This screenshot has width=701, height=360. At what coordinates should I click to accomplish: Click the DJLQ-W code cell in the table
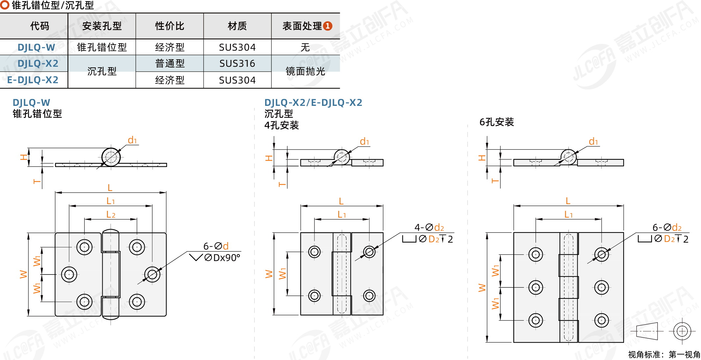pyautogui.click(x=36, y=47)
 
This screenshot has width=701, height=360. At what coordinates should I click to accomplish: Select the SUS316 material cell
pyautogui.click(x=237, y=63)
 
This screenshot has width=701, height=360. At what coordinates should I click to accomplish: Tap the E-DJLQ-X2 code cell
pyautogui.click(x=33, y=80)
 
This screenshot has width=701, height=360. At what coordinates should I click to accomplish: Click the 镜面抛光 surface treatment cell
pyautogui.click(x=305, y=71)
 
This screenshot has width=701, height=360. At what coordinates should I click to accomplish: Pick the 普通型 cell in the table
pyautogui.click(x=170, y=63)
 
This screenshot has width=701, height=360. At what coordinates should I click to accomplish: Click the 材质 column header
pyautogui.click(x=237, y=26)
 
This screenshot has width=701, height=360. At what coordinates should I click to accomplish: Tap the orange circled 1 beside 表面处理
pyautogui.click(x=328, y=26)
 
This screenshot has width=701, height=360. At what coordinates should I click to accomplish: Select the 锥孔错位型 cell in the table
pyautogui.click(x=102, y=47)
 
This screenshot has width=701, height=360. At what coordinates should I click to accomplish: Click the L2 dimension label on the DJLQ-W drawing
pyautogui.click(x=111, y=215)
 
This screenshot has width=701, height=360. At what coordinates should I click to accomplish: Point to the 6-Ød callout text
pyautogui.click(x=216, y=246)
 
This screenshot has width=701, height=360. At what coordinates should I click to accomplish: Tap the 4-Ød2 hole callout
pyautogui.click(x=429, y=227)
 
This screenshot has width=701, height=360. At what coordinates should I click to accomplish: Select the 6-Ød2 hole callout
pyautogui.click(x=667, y=227)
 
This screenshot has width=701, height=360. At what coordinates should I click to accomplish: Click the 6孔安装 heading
pyautogui.click(x=497, y=122)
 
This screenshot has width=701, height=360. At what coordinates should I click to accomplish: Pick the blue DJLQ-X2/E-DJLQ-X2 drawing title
pyautogui.click(x=313, y=103)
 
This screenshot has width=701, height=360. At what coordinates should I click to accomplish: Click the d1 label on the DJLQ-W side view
pyautogui.click(x=132, y=140)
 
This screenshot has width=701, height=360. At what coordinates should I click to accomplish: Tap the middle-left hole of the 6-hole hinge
pyautogui.click(x=536, y=287)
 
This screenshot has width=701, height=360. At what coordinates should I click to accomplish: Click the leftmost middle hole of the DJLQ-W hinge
pyautogui.click(x=69, y=274)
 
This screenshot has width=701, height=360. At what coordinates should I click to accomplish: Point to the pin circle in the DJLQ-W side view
pyautogui.click(x=111, y=157)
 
